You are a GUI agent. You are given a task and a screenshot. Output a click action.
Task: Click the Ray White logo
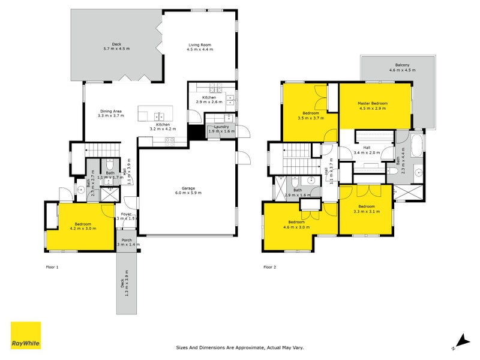pyautogui.click(x=26, y=335)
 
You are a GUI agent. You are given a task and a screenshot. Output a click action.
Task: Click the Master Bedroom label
pyautogui.click(x=373, y=103)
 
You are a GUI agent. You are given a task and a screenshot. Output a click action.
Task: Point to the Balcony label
pyautogui.click(x=402, y=65)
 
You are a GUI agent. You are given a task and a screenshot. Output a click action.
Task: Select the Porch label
pyautogui.click(x=126, y=239)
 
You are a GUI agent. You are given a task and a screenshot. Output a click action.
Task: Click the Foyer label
pyautogui.click(x=126, y=214)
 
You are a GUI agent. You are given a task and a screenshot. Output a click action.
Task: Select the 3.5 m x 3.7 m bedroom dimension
pyautogui.click(x=311, y=118)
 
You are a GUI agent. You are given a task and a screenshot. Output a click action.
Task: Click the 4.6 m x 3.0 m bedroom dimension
pyautogui.click(x=296, y=227)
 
